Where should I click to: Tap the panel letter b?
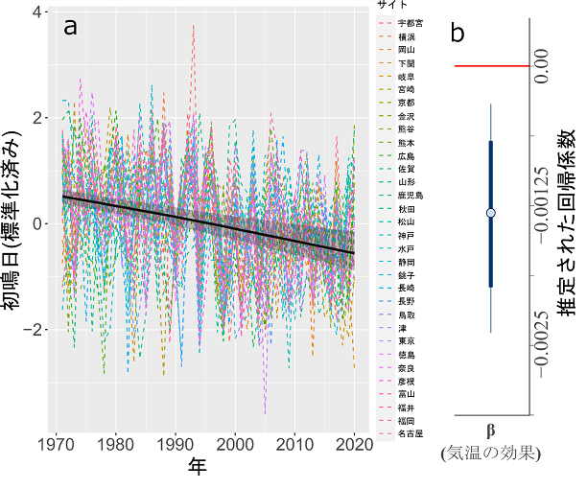(x=458, y=32)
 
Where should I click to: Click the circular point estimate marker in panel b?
(x=491, y=213)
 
